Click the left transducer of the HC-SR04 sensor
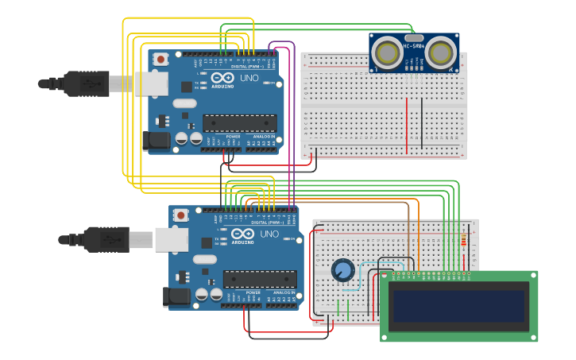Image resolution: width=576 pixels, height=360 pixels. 389,53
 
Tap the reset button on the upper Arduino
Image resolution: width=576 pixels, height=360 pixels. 161,59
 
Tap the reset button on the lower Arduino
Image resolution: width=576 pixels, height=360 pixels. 181,215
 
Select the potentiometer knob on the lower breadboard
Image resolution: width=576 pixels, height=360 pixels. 342,271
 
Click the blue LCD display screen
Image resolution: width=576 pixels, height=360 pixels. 458,306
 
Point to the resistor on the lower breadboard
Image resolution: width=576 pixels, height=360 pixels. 465,241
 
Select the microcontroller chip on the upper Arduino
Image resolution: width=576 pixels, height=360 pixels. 240,123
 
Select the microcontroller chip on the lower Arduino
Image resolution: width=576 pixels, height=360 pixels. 260,279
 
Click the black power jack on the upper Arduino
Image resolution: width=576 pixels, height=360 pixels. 157,141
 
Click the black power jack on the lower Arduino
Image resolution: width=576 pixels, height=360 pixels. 176,297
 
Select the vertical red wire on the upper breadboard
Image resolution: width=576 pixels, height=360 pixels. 407,125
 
